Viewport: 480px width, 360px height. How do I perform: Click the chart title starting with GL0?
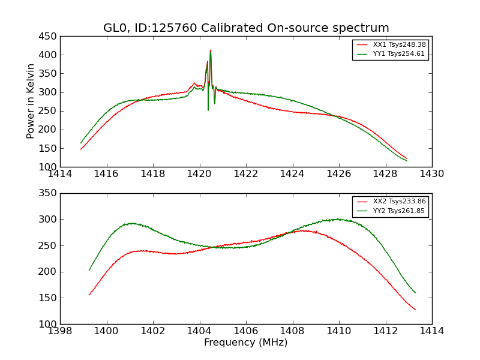(246, 28)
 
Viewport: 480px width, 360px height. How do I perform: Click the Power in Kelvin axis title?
(31, 101)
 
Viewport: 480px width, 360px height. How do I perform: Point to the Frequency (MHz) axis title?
(246, 343)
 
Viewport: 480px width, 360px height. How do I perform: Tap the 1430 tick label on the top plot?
(431, 174)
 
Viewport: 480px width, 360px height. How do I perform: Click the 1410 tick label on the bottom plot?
(339, 331)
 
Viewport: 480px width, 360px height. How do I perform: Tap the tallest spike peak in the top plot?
(210, 50)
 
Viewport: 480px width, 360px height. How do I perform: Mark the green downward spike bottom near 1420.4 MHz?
(208, 110)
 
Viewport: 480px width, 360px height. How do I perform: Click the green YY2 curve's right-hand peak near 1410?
(338, 219)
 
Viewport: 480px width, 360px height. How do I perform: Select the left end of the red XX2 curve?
(89, 295)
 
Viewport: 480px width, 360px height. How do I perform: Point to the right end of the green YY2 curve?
(415, 293)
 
